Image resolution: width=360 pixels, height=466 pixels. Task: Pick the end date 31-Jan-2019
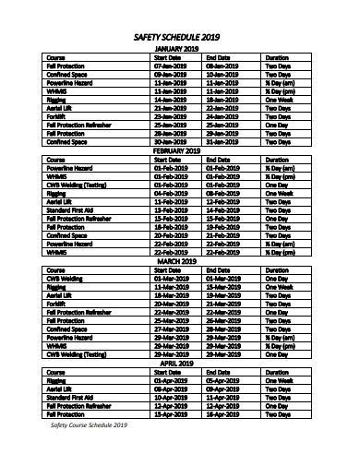(223, 142)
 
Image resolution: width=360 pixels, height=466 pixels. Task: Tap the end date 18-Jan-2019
(223, 101)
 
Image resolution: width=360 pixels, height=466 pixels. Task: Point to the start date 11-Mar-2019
(171, 287)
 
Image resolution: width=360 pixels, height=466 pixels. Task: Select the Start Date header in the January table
(167, 58)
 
